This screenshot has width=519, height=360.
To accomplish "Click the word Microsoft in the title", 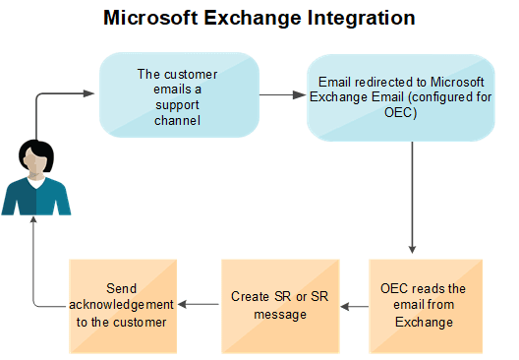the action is click(x=150, y=18).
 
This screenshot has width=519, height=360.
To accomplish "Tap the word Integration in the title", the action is click(x=361, y=19).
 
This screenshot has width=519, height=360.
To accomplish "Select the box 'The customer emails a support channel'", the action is click(x=179, y=94).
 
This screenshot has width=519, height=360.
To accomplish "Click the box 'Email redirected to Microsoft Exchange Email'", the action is click(x=401, y=97).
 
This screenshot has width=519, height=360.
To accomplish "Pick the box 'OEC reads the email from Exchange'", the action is click(x=426, y=306).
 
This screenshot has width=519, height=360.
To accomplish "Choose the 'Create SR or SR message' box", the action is click(x=280, y=306).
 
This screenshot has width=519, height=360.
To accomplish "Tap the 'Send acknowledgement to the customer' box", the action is click(x=123, y=306).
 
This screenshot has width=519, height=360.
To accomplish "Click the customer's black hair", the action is click(x=35, y=152).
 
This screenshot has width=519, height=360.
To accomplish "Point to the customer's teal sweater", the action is click(x=36, y=197).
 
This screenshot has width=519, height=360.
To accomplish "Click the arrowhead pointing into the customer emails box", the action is click(x=88, y=93).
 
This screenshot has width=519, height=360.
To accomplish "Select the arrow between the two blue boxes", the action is click(x=283, y=95).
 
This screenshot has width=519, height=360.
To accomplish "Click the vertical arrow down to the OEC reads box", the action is click(x=412, y=198).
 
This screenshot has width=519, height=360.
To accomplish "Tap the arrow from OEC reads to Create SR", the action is click(x=355, y=307).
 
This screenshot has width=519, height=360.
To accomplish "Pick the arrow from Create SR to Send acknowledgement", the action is click(x=199, y=304).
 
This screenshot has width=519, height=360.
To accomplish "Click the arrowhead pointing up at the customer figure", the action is click(x=33, y=220).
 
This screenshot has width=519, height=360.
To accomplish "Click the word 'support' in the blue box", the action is click(x=177, y=105).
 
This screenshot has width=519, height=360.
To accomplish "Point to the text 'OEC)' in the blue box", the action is click(x=400, y=112).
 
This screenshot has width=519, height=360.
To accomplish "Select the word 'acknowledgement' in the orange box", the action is click(x=121, y=305).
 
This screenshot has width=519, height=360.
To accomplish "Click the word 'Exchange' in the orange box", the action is click(x=424, y=323).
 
